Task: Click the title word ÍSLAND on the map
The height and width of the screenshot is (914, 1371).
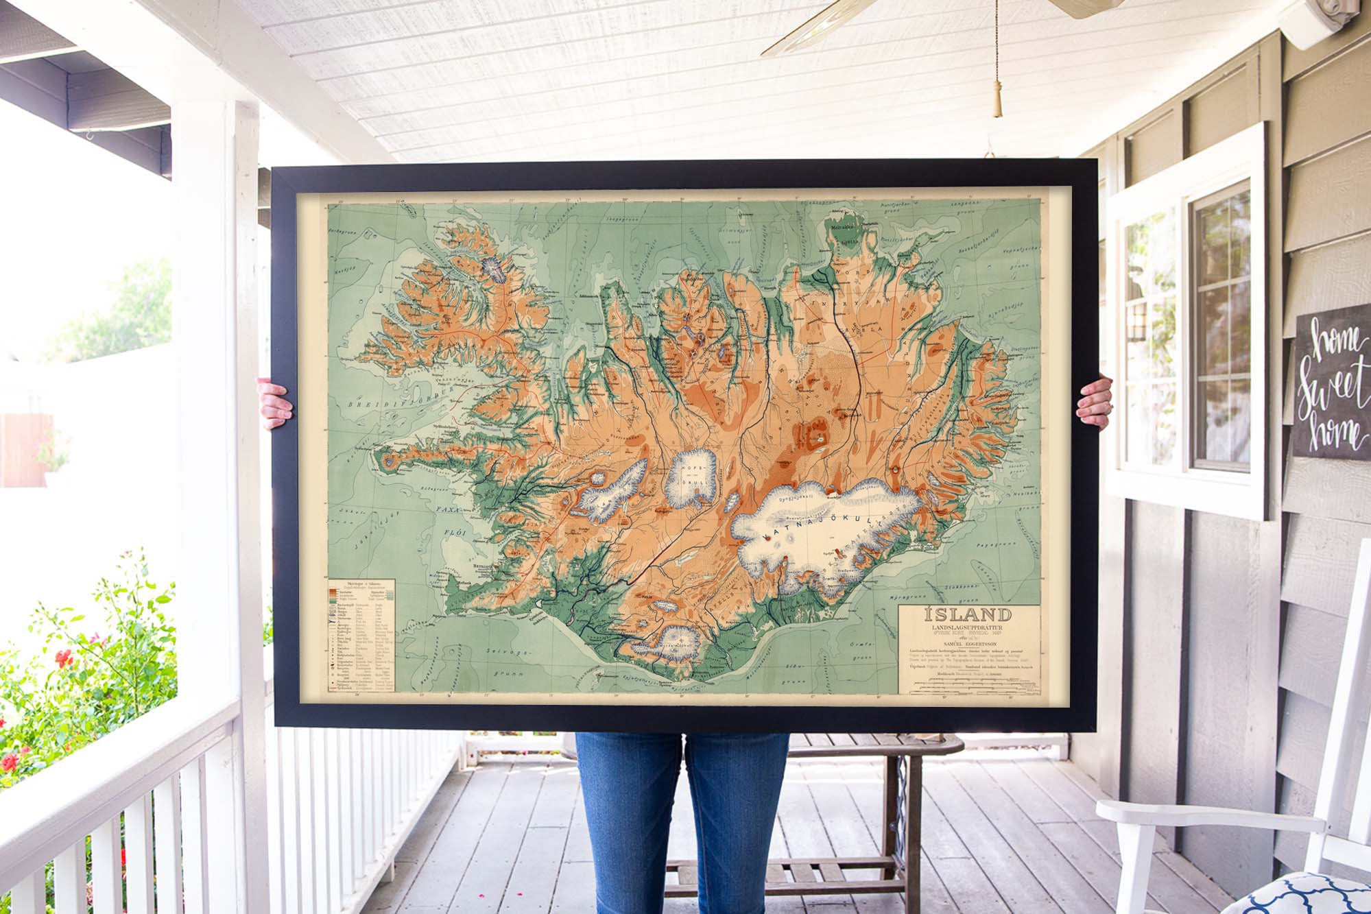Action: point(968,614)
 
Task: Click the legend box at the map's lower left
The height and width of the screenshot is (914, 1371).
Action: point(362,635)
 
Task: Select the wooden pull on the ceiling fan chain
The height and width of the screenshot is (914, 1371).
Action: point(998,103)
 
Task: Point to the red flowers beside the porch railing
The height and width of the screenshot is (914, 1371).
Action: point(64,658)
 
